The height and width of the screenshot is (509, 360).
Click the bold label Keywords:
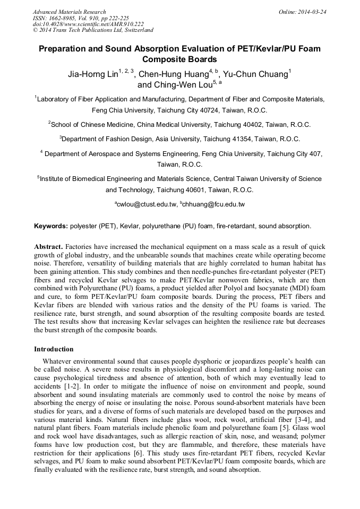(50, 226)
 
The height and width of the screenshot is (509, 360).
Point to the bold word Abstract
(49, 248)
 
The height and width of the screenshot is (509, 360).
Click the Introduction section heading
(54, 349)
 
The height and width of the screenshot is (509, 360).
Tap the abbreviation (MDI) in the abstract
(305, 288)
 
